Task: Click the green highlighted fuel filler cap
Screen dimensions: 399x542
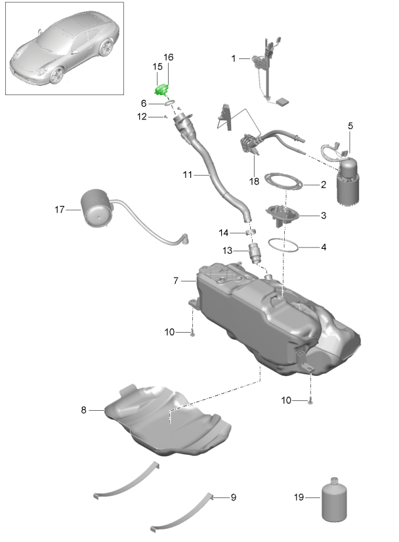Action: pos(161,90)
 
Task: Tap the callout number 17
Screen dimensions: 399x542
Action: pos(60,209)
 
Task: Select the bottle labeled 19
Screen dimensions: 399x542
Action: pos(334,499)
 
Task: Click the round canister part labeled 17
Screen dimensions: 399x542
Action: pos(97,208)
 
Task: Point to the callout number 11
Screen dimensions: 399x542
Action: pos(187,175)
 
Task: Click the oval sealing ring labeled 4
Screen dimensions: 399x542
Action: pos(283,245)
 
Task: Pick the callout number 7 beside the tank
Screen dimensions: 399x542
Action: pos(176,281)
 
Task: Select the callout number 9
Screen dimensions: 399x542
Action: pos(234,497)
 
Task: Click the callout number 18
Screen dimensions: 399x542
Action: pos(254,181)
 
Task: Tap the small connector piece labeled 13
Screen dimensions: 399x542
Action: pos(255,253)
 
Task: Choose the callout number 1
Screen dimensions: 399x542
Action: pos(234,58)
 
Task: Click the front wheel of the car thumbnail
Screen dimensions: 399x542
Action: pos(57,75)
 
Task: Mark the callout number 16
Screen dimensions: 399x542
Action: pos(169,57)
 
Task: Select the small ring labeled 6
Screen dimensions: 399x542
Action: pos(169,102)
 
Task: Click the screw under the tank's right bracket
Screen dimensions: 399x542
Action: pos(310,402)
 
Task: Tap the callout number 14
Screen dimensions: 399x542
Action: pos(223,233)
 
